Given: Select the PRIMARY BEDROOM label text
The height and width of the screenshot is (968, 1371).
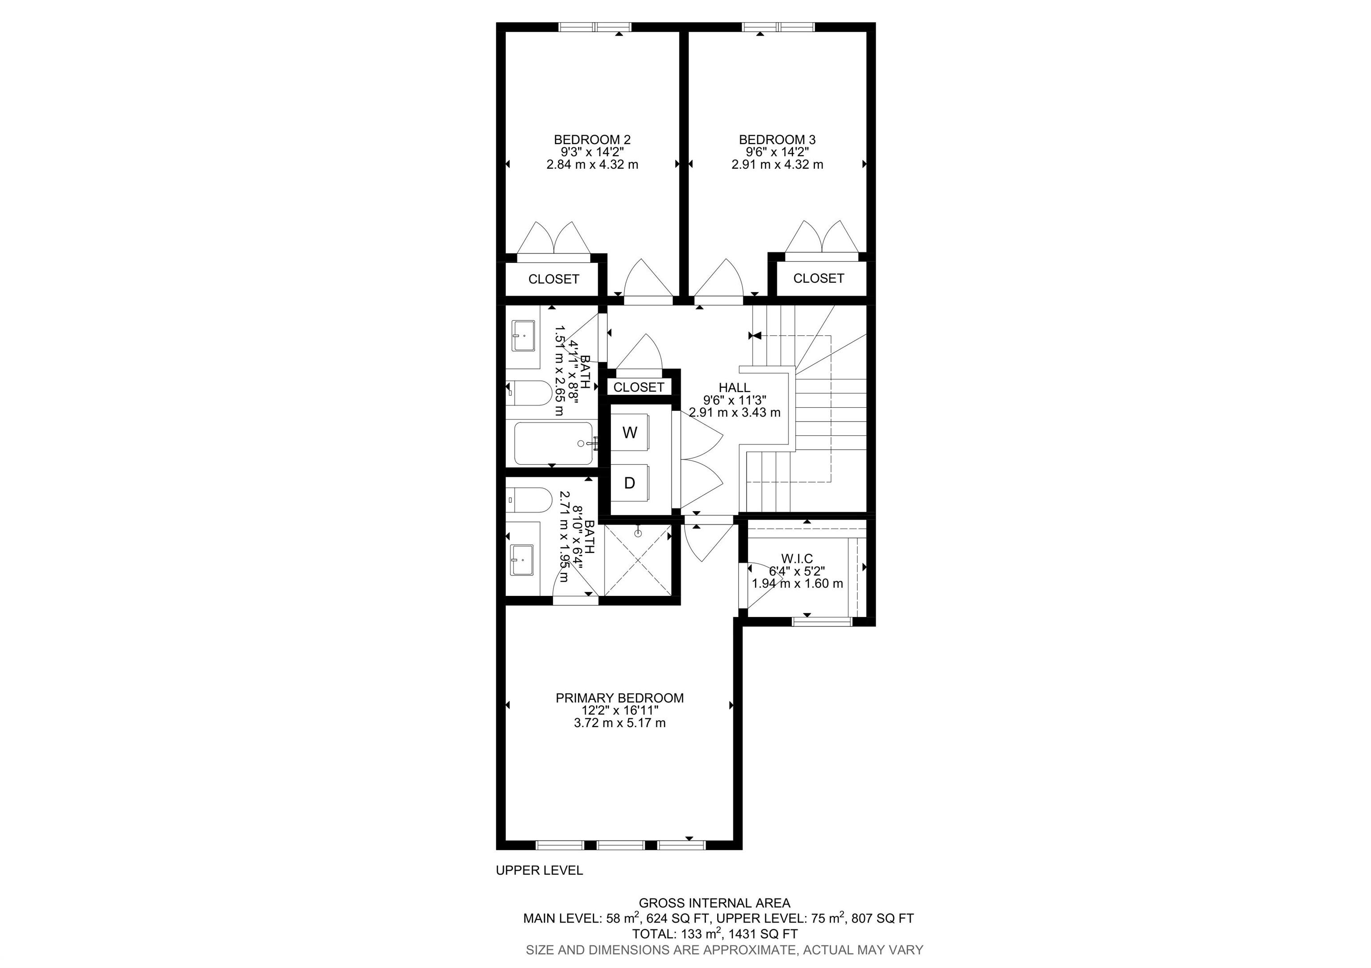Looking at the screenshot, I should (619, 698).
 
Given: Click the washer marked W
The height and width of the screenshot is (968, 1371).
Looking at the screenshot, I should (629, 433).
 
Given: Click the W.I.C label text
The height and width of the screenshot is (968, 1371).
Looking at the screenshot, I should (797, 558).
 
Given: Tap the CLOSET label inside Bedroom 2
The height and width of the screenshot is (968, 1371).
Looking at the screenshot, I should (553, 279).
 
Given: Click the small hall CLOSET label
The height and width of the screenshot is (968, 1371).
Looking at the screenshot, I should (638, 387).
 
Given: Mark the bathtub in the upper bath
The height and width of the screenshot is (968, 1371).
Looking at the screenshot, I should (553, 443).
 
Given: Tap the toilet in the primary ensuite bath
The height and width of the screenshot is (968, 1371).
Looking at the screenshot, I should (528, 500).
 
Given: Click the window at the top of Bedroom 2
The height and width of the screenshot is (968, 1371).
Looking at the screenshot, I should (595, 27).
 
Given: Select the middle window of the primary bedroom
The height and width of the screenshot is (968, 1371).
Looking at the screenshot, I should (620, 844).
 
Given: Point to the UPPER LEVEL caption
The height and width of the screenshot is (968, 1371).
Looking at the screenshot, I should (539, 871).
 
